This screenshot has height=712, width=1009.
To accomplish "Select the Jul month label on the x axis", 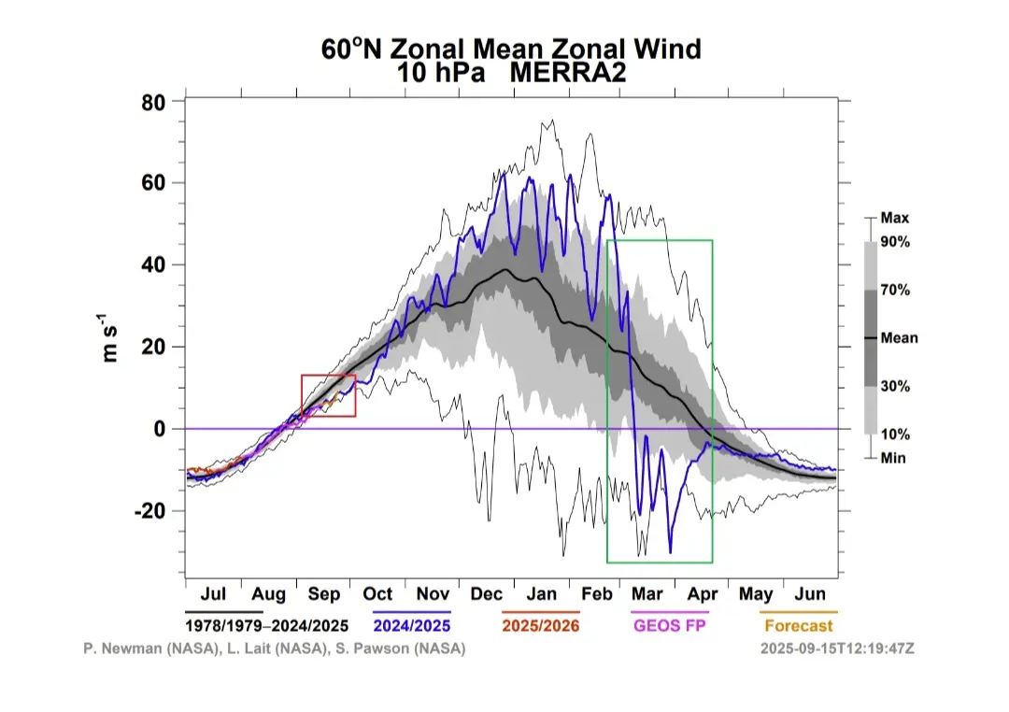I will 213,594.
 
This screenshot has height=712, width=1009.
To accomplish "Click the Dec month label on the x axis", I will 487,594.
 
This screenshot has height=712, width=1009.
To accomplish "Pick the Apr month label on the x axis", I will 703,594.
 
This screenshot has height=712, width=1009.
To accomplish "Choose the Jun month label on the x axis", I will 810,594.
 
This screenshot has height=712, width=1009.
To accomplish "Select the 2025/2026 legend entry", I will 542,625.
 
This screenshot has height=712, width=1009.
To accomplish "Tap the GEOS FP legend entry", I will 670,625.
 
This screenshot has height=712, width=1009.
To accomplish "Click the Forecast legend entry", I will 798,625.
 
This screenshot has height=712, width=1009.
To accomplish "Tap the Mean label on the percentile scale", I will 900,338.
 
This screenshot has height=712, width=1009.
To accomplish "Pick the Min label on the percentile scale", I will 893,458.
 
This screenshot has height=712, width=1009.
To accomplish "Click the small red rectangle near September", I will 328,395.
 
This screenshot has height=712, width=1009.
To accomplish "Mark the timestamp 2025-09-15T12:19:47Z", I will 837,648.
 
